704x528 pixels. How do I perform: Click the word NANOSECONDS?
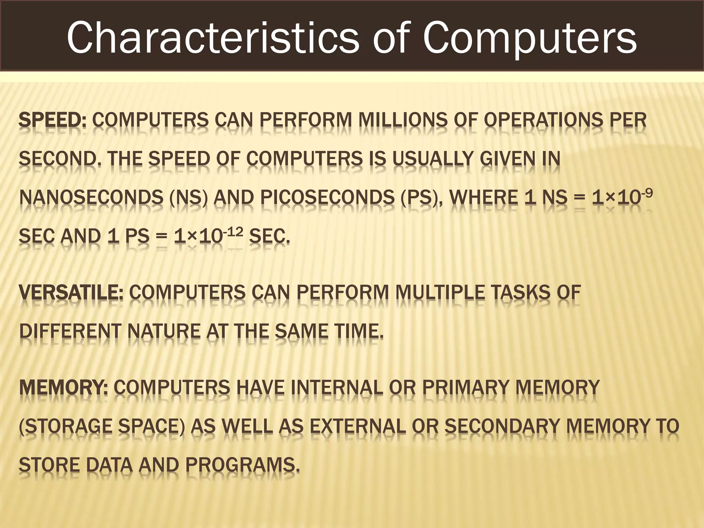[91, 198]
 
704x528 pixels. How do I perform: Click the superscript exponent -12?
[233, 232]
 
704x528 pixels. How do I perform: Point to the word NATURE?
[164, 332]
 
